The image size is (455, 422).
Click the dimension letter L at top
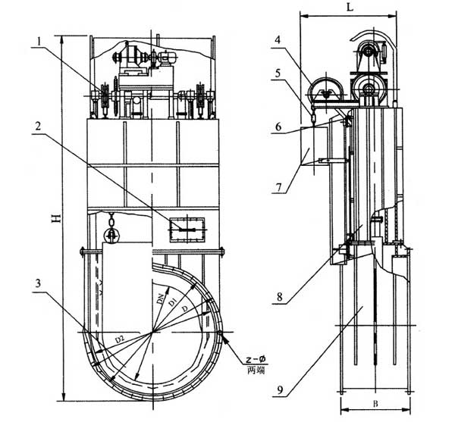point(347,7)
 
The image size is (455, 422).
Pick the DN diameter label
point(160,300)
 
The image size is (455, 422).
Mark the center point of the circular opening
point(154,330)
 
